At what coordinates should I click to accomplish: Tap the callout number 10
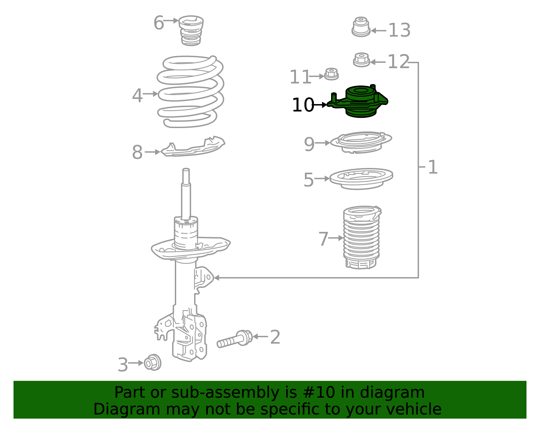point(303,105)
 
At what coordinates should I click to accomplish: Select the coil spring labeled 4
point(191,92)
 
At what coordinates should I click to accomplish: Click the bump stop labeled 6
point(191,31)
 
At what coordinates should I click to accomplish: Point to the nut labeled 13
point(361,27)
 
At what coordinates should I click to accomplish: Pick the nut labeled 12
point(361,60)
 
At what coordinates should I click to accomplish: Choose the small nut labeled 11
point(331,74)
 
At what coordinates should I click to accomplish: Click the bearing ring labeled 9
point(361,143)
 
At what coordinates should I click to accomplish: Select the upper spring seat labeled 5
point(361,178)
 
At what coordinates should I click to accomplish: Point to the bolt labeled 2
point(235,339)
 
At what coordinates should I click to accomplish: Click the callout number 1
point(433,167)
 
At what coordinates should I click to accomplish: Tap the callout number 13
point(399,30)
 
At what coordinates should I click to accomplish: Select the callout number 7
point(323,239)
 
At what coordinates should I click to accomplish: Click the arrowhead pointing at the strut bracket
point(216,278)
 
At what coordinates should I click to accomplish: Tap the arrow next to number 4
point(151,94)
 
